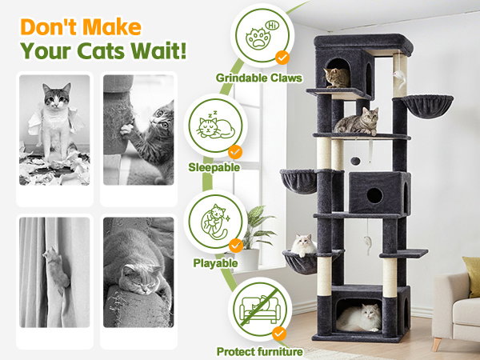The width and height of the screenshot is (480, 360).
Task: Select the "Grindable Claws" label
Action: tap(259, 78)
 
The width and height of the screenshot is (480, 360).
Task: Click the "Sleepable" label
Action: tap(214, 167)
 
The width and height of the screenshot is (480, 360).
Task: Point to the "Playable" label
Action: tap(215, 263)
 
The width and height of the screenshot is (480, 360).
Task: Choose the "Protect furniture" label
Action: tap(259, 352)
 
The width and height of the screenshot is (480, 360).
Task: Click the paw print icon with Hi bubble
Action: tap(262, 35)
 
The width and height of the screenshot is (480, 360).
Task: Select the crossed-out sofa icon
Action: tap(260, 309)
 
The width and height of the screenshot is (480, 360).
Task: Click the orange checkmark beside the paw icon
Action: tap(282, 58)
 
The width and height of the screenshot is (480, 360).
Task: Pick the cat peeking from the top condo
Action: tap(337, 78)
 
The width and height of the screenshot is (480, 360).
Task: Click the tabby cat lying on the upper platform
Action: tap(357, 122)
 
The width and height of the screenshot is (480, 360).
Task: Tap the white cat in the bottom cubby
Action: tap(359, 318)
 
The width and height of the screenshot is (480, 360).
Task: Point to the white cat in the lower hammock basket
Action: tap(304, 245)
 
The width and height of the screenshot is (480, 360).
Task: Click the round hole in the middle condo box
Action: tap(374, 196)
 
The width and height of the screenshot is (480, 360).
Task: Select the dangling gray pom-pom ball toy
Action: tap(355, 161)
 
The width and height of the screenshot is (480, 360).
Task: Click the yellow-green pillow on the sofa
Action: tap(472, 277)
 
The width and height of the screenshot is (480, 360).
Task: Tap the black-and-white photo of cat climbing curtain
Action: tap(54, 272)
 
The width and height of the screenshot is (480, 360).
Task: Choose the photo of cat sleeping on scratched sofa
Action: tap(138, 272)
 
